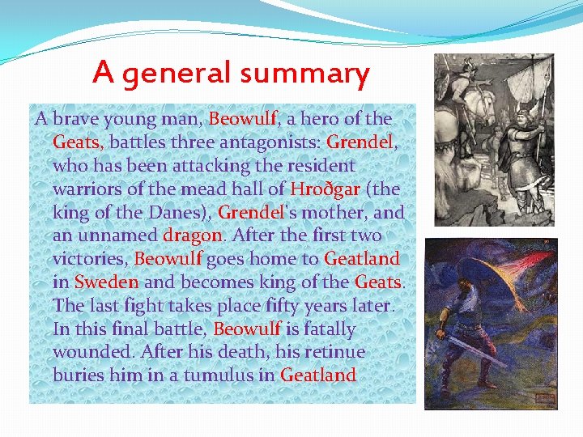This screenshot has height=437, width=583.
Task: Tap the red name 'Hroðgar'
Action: click(325, 189)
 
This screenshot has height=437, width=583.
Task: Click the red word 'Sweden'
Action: click(106, 282)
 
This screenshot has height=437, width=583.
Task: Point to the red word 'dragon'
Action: click(192, 235)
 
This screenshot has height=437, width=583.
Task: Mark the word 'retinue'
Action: click(334, 352)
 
